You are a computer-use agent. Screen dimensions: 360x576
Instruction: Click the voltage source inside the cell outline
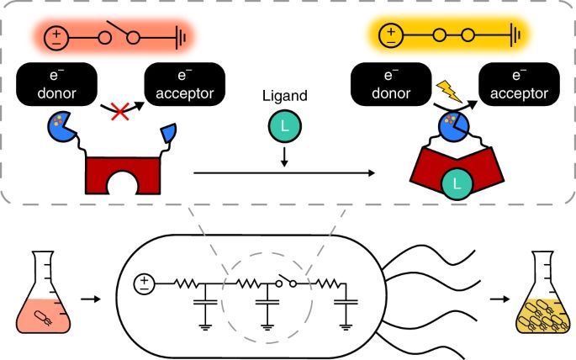[144, 283]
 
